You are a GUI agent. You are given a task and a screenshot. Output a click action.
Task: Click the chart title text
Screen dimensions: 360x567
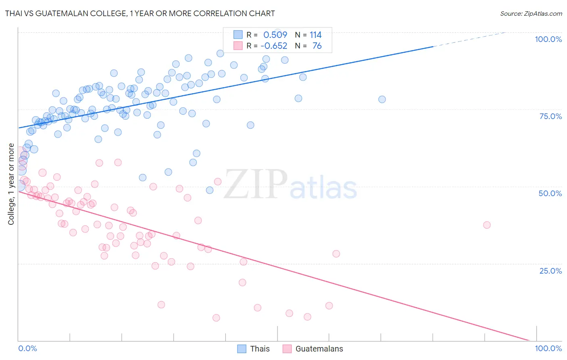coord(140,13)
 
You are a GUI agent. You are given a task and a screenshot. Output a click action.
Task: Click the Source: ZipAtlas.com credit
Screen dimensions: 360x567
coord(531,13)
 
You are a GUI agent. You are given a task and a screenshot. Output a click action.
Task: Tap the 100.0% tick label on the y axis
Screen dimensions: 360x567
coord(548,39)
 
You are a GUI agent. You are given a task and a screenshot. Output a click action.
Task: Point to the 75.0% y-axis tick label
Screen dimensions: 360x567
coord(550,116)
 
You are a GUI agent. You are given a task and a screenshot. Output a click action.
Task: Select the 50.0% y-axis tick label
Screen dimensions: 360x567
coord(550,193)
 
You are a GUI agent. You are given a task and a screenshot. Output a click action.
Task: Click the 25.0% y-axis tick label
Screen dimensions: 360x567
coord(550,270)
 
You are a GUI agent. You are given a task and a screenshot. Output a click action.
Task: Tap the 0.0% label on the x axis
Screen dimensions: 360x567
coord(27,348)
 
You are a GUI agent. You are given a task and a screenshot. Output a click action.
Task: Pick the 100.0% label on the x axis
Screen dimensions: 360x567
coord(548,348)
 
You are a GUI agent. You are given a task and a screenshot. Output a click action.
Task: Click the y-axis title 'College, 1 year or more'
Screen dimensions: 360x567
coord(11,184)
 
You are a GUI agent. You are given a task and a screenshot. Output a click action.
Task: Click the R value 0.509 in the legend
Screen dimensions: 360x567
coord(275,35)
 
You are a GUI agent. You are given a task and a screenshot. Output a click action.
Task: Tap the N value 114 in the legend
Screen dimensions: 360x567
coord(315,35)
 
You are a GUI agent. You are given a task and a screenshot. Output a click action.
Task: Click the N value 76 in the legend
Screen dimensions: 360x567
coord(317,46)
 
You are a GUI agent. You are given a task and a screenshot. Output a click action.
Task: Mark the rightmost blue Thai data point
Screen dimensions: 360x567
coord(382,99)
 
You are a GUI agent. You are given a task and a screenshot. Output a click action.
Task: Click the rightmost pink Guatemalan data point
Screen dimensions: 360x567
coord(487,225)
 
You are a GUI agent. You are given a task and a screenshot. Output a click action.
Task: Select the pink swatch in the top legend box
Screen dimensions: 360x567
coord(238,46)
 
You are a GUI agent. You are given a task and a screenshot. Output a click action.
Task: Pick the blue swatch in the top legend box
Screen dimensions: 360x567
coord(238,35)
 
